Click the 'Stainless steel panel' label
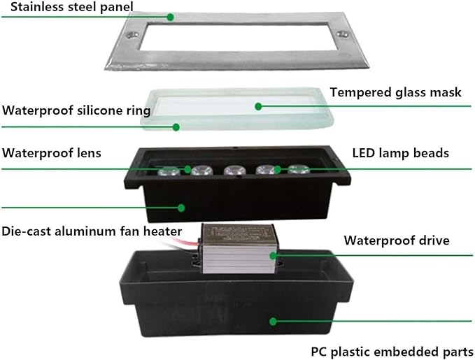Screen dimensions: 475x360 (72, 7)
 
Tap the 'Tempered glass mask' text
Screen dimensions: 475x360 (396, 92)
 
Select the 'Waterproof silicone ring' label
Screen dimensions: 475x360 (76, 110)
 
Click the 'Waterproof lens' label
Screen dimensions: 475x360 (52, 153)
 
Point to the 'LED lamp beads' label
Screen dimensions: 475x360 (400, 153)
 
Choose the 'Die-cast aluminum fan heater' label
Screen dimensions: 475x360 (92, 231)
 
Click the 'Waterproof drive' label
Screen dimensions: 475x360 (397, 240)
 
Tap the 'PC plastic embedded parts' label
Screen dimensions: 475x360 (392, 352)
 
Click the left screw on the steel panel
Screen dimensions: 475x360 (132, 34)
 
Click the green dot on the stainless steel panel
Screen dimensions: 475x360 (171, 17)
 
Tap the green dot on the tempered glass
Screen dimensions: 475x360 (258, 106)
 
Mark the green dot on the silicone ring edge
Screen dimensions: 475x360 (176, 127)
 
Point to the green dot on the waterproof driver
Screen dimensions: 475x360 (273, 256)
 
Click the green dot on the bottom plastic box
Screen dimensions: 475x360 (273, 322)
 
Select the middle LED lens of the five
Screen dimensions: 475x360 (234, 170)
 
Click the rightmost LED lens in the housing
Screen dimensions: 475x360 (299, 169)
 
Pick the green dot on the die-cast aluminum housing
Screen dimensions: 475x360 (181, 208)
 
